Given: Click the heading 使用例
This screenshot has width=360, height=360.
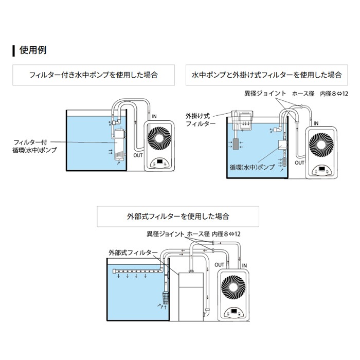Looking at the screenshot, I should [33, 51].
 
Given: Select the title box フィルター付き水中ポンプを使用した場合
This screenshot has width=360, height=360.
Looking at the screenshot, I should [93, 75].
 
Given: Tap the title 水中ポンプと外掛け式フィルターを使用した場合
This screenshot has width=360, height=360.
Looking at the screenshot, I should [266, 75].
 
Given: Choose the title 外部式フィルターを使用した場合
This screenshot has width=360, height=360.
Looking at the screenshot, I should [178, 217].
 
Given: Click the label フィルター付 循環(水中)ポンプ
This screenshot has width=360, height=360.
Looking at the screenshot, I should [35, 146].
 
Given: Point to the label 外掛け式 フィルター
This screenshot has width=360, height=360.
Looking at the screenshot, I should [197, 120].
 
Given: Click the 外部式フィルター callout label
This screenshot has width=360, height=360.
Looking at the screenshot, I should [130, 253].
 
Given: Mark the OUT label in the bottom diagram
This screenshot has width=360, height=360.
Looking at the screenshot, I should [219, 265].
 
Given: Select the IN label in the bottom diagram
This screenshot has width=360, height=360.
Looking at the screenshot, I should [244, 265].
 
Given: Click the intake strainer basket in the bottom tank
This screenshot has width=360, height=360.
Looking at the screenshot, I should [166, 298].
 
